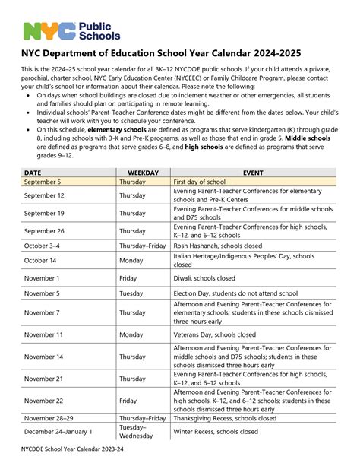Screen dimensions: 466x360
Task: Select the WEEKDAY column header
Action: point(143,173)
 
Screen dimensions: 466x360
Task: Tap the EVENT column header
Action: point(253,173)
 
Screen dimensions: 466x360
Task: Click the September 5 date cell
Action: point(43,182)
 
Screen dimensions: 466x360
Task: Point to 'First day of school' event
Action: point(199,182)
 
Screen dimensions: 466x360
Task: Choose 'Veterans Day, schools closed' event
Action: point(215,334)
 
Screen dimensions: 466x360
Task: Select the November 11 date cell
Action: point(43,334)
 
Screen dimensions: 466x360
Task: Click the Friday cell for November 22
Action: point(128,401)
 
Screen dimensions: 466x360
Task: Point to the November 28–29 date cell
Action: point(49,418)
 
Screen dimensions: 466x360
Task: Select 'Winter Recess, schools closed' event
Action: point(216,432)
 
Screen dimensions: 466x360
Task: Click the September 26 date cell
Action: point(44,231)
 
